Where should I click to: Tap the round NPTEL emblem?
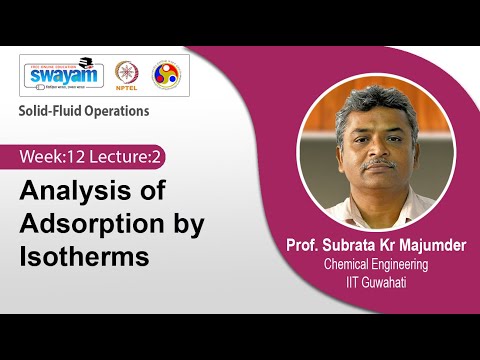click(127, 76)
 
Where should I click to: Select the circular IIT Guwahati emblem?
click(166, 76)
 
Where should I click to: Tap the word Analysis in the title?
click(69, 190)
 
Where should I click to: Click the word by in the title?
click(181, 223)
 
